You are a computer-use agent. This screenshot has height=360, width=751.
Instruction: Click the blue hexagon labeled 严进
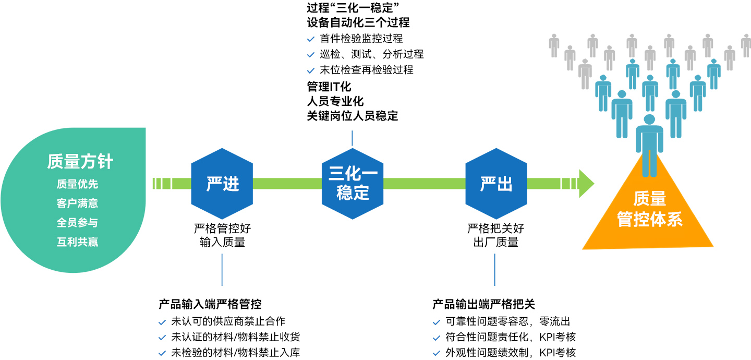pyautogui.click(x=222, y=184)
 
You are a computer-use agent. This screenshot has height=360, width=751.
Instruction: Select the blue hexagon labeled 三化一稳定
pyautogui.click(x=352, y=184)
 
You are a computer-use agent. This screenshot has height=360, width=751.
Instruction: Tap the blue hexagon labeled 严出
pyautogui.click(x=496, y=184)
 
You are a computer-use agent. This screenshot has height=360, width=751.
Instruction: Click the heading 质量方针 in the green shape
pyautogui.click(x=80, y=162)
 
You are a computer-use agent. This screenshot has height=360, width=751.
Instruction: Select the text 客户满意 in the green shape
pyautogui.click(x=77, y=203)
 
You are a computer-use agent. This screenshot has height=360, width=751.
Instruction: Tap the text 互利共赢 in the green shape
pyautogui.click(x=77, y=242)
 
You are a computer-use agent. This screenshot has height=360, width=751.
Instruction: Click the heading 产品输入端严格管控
pyautogui.click(x=210, y=304)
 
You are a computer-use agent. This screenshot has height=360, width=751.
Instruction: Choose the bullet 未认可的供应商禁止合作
pyautogui.click(x=228, y=321)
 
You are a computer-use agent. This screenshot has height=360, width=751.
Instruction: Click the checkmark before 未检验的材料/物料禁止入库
pyautogui.click(x=162, y=353)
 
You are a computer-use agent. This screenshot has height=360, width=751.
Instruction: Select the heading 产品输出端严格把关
pyautogui.click(x=484, y=304)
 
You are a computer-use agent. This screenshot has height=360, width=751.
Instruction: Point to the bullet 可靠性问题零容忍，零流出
pyautogui.click(x=507, y=321)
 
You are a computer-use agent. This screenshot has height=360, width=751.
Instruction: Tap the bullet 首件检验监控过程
pyautogui.click(x=361, y=39)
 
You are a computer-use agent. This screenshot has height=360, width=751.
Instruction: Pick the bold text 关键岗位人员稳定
pyautogui.click(x=353, y=116)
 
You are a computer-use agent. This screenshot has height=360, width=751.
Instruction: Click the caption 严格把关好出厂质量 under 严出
pyautogui.click(x=495, y=235)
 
